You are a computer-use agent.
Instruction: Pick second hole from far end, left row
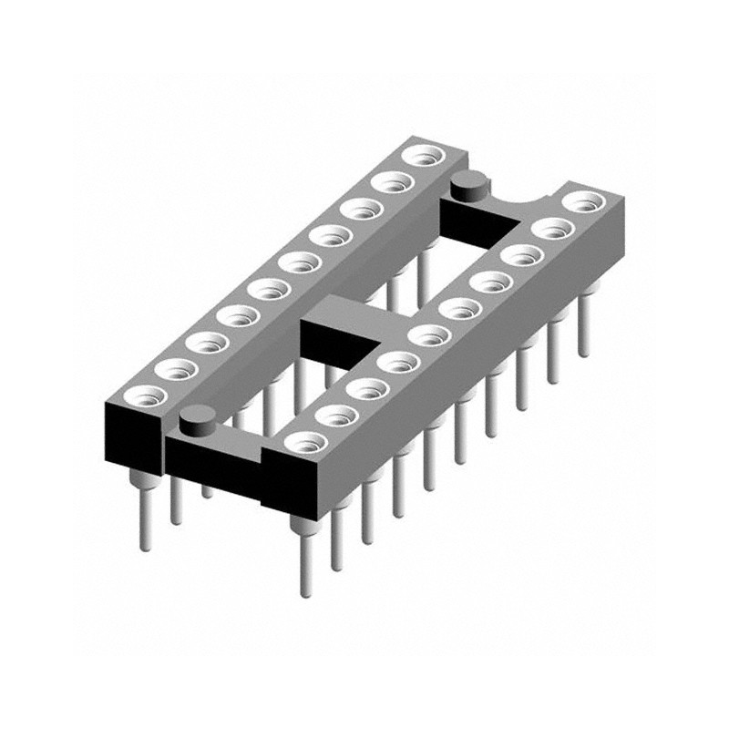pos(391,182)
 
